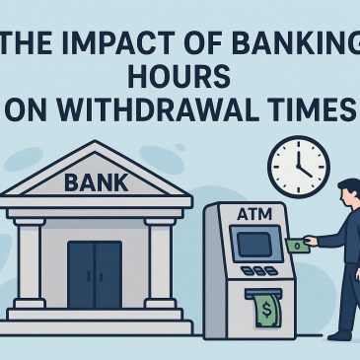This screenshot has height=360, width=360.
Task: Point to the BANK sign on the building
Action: click(96, 181)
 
